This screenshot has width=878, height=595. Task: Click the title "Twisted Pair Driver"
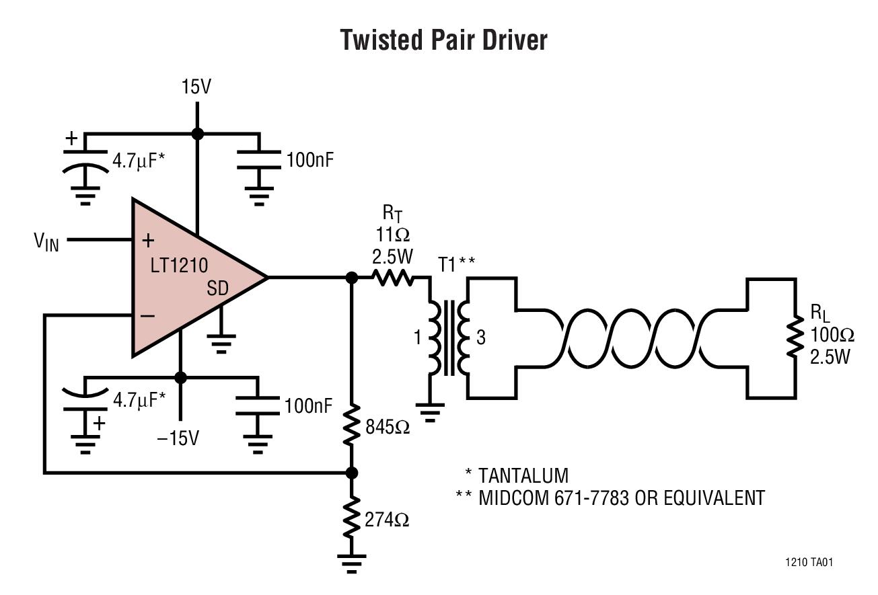443,40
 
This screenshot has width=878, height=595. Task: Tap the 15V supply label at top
196,87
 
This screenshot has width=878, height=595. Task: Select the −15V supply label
178,438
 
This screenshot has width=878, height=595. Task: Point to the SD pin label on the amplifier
217,288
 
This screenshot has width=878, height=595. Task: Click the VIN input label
46,241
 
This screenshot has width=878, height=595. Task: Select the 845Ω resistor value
388,427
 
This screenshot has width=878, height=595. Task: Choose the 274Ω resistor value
387,520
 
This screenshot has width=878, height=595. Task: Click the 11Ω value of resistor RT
394,236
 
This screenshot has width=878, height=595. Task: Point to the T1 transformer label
447,264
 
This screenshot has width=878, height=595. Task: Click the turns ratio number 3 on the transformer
480,338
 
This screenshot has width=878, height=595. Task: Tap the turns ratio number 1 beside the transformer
417,338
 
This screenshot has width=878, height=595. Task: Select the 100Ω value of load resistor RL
832,334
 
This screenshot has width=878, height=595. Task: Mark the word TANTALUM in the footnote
523,476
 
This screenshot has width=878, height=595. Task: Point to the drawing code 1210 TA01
808,562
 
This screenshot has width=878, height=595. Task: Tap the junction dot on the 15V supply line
197,134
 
